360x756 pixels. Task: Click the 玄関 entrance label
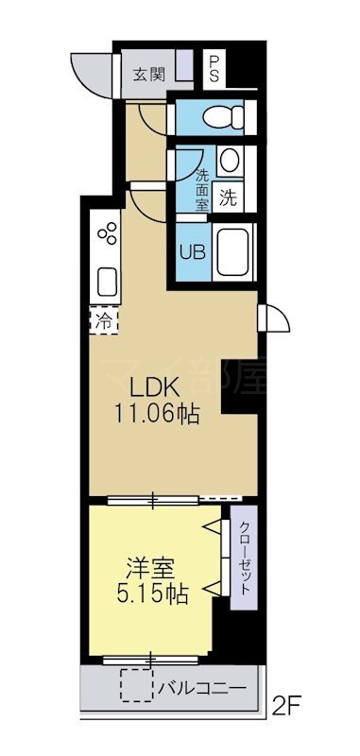[x=146, y=74]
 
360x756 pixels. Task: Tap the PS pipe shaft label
[x=214, y=68]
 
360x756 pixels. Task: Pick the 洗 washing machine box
[x=228, y=198]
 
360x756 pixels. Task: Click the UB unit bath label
[x=192, y=252]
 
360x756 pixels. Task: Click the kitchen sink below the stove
[x=107, y=280]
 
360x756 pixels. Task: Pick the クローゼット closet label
[x=244, y=558]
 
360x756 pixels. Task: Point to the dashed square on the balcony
[x=136, y=685]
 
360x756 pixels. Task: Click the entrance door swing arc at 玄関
[x=87, y=74]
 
